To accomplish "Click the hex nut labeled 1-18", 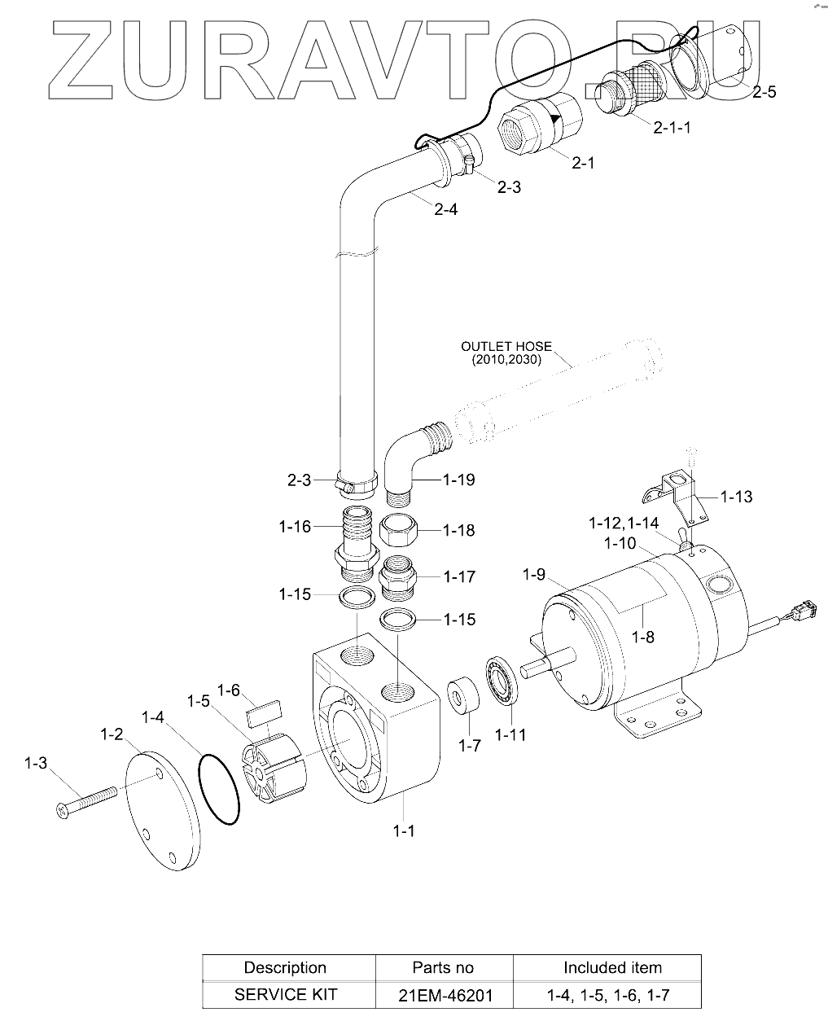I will [401, 531].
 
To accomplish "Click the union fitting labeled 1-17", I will [399, 576].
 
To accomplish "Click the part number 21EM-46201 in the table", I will [444, 994].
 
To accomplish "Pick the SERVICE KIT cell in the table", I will [285, 994].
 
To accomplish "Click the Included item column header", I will [612, 967].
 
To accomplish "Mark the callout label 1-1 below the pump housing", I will [404, 830].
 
